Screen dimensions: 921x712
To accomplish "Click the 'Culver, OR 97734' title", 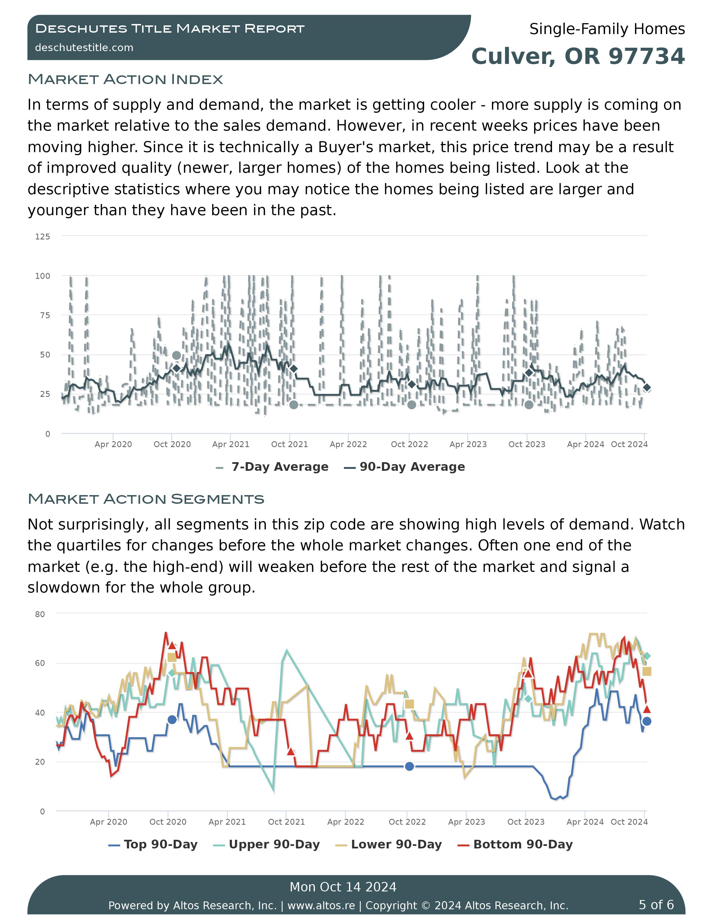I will tap(578, 56).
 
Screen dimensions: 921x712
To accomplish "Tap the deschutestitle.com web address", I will tap(84, 48).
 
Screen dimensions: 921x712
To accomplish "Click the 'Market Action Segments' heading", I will tap(146, 499).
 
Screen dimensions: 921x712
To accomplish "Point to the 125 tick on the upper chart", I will tap(43, 237).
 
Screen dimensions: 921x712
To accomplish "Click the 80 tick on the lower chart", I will tap(40, 615).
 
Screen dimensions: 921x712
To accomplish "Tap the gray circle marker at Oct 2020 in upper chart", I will tap(177, 356).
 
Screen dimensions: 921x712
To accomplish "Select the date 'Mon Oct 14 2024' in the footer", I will tap(343, 887).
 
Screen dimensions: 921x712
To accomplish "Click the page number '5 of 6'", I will tap(656, 905).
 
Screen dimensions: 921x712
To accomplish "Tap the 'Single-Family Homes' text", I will tap(607, 29).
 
